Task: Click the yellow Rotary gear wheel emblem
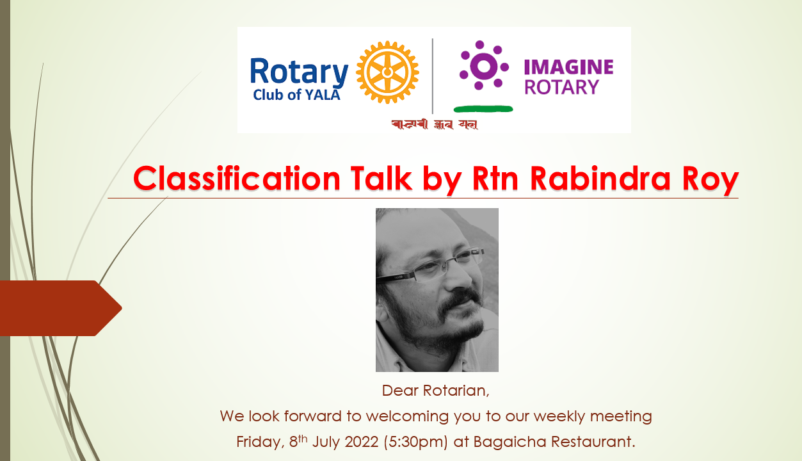[387, 72]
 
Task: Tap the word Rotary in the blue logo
[299, 72]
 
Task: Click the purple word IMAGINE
[568, 67]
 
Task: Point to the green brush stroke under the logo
[483, 109]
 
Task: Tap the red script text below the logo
[435, 124]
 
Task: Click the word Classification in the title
[237, 179]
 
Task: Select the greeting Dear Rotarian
[435, 390]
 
